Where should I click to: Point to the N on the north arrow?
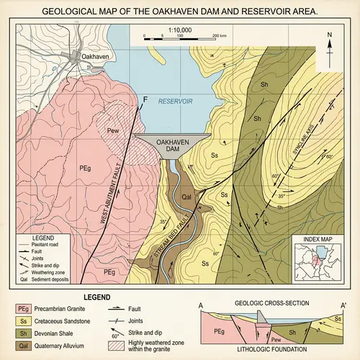[329, 34]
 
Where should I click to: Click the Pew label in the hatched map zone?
[112, 132]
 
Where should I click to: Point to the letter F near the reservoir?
[146, 99]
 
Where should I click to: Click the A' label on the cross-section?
[344, 305]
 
